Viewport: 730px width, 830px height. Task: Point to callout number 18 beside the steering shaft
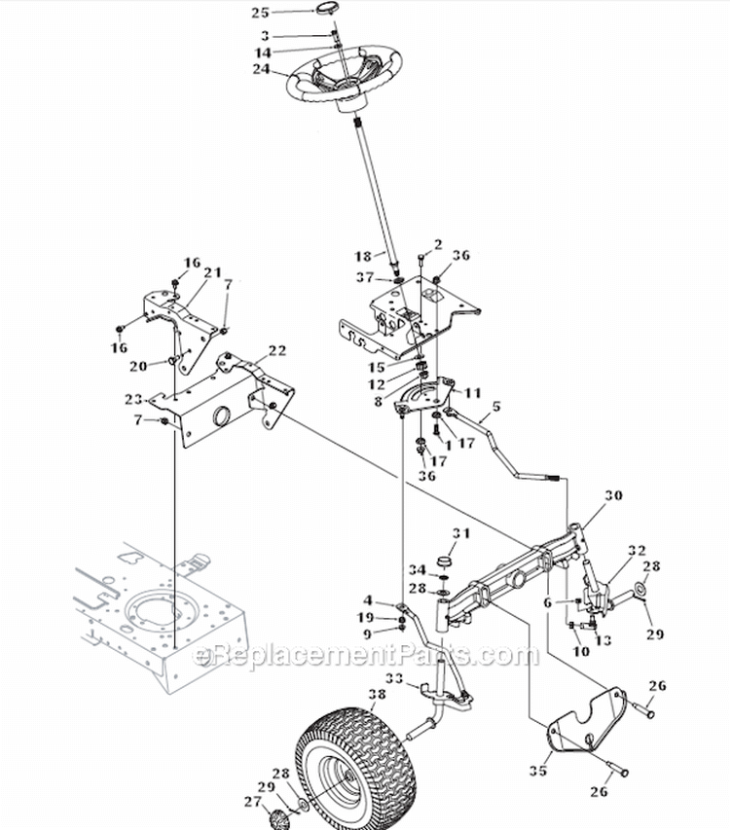pyautogui.click(x=363, y=256)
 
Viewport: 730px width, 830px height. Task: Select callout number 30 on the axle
pyautogui.click(x=611, y=494)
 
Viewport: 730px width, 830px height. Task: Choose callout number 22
pyautogui.click(x=276, y=350)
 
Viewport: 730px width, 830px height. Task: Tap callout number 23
pyautogui.click(x=133, y=398)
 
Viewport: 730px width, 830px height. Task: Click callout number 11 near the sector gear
pyautogui.click(x=473, y=392)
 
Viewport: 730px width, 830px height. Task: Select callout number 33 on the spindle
pyautogui.click(x=394, y=678)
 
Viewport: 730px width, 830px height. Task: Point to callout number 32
pyautogui.click(x=637, y=550)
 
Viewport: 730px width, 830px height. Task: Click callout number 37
pyautogui.click(x=364, y=278)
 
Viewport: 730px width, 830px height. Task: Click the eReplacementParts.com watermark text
pyautogui.click(x=366, y=655)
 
